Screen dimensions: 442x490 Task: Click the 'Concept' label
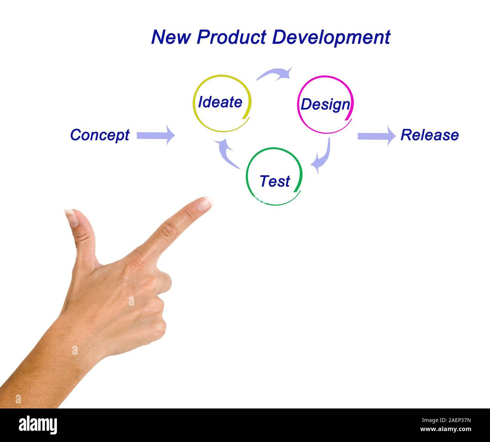click(100, 135)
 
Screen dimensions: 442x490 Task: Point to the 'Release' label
click(429, 135)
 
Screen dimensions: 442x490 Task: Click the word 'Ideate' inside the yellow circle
click(220, 102)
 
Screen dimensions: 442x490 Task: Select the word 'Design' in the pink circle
click(325, 104)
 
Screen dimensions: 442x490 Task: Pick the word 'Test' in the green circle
click(274, 181)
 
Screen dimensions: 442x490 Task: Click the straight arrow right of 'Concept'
click(156, 135)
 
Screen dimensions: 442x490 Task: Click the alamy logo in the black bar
click(38, 425)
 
